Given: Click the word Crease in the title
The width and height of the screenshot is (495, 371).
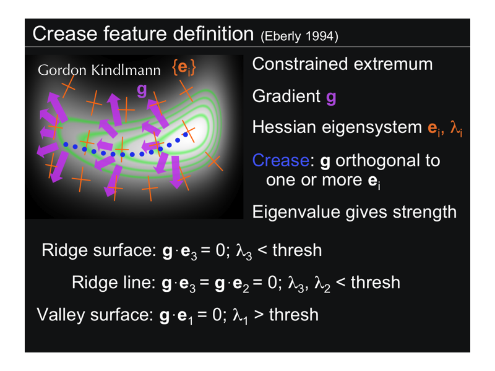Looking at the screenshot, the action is click(66, 33).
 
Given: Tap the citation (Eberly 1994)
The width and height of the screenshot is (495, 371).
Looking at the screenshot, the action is click(299, 36).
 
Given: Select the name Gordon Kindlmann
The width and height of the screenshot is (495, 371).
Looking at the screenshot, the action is click(99, 70).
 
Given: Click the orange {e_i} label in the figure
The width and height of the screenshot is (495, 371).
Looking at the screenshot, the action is click(184, 67).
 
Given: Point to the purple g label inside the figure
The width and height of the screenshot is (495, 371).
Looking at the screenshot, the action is click(142, 90).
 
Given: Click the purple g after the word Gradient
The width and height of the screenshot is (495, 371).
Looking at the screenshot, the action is click(331, 97).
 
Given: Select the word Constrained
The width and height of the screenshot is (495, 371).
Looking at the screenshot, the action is click(300, 64).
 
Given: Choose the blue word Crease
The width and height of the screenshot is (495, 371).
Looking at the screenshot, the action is click(281, 160).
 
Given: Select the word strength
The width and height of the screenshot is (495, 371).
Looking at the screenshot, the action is click(424, 212).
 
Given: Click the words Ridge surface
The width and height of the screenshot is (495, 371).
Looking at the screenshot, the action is click(99, 250).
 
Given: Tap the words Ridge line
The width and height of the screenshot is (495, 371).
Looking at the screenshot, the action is click(113, 282).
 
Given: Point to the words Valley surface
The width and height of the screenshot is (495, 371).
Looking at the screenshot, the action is click(95, 315).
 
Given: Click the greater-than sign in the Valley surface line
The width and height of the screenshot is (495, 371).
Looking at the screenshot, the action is click(258, 315).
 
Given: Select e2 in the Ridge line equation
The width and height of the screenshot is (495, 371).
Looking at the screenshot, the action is click(241, 284).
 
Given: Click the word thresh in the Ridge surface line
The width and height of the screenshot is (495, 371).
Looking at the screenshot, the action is click(297, 250).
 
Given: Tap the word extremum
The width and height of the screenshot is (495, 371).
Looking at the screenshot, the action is click(394, 64).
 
